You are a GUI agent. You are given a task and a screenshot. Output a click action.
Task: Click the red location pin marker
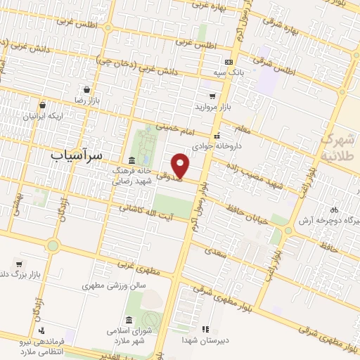click(x=181, y=166)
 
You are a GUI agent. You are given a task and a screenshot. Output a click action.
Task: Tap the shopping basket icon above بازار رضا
click(x=86, y=90)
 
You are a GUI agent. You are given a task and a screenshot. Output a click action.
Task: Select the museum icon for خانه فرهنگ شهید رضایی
click(x=132, y=160)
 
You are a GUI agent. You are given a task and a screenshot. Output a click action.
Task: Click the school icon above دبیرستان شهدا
click(x=205, y=329)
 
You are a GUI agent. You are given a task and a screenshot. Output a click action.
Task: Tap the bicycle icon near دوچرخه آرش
click(x=335, y=209)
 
